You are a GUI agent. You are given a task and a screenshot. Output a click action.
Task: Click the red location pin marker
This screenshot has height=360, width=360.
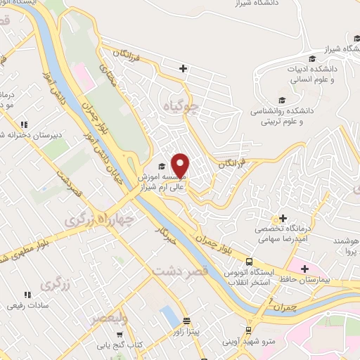pyautogui.click(x=181, y=166)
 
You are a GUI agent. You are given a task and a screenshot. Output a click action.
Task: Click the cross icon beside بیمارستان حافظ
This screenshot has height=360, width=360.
pyautogui.click(x=304, y=268)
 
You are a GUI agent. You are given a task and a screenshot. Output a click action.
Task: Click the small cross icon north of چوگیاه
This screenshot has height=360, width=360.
pyautogui.click(x=183, y=68)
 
